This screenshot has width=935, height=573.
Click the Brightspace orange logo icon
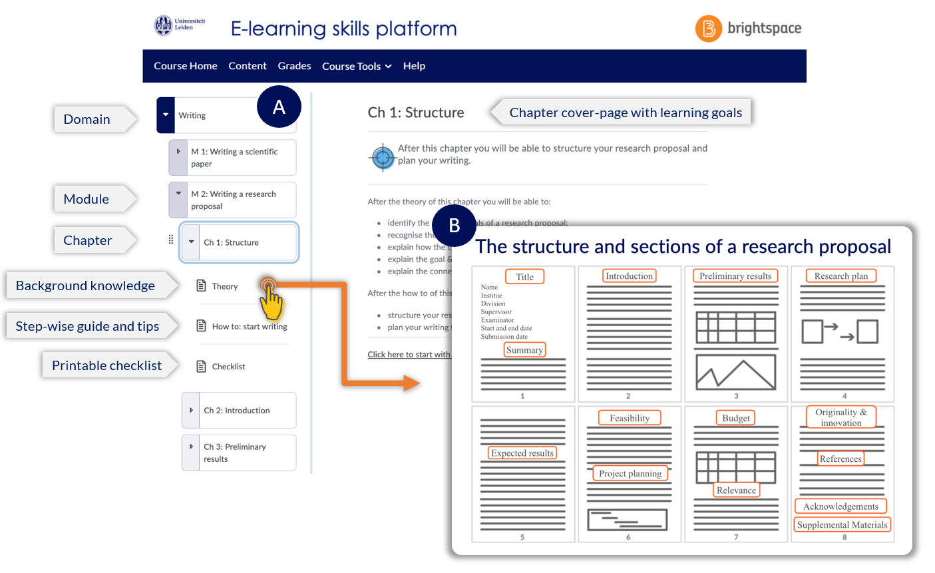(x=708, y=29)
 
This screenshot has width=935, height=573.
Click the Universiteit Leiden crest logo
(x=163, y=26)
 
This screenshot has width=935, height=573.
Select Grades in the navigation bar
(x=294, y=66)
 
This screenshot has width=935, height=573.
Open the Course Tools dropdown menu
(x=357, y=67)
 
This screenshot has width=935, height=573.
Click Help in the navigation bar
(x=414, y=66)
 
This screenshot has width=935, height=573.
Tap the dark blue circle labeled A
(x=279, y=106)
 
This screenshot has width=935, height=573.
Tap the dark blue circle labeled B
(x=454, y=226)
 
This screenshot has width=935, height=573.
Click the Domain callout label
(x=87, y=119)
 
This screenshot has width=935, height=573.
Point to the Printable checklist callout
(x=107, y=365)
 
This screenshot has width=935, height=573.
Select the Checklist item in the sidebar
(x=228, y=367)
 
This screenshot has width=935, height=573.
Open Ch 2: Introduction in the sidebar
(x=237, y=411)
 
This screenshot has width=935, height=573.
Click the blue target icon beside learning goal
(x=382, y=158)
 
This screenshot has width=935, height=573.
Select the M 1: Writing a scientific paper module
(x=234, y=158)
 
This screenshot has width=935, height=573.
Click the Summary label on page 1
(x=524, y=350)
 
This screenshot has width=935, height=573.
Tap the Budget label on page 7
(x=736, y=418)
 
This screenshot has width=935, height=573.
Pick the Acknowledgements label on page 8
(x=841, y=506)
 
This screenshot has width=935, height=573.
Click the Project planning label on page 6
(x=630, y=474)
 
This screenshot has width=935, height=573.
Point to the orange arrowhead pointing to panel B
(x=411, y=383)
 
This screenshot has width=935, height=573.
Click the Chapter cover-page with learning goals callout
(x=626, y=112)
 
